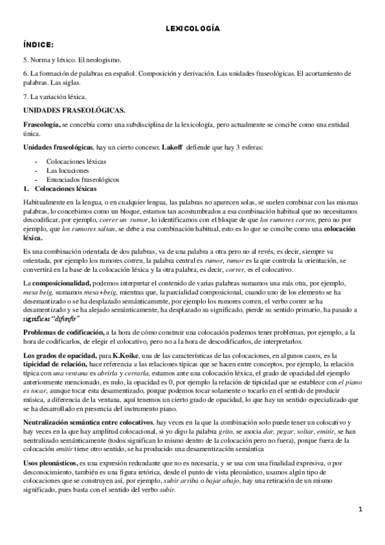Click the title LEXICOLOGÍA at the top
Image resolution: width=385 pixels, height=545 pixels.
pyautogui.click(x=193, y=29)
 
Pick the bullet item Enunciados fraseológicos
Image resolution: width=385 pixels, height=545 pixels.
pyautogui.click(x=83, y=179)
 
